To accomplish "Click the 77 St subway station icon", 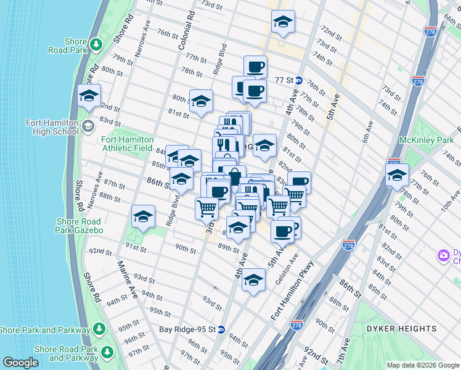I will [298, 80].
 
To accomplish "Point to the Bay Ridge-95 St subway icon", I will [221, 329].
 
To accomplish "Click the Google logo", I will [21, 363].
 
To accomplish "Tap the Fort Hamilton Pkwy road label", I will [292, 291].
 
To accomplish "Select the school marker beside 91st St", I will [143, 217].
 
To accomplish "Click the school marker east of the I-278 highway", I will [397, 175].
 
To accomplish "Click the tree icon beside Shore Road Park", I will [96, 44].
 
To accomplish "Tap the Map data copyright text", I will [422, 365].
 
